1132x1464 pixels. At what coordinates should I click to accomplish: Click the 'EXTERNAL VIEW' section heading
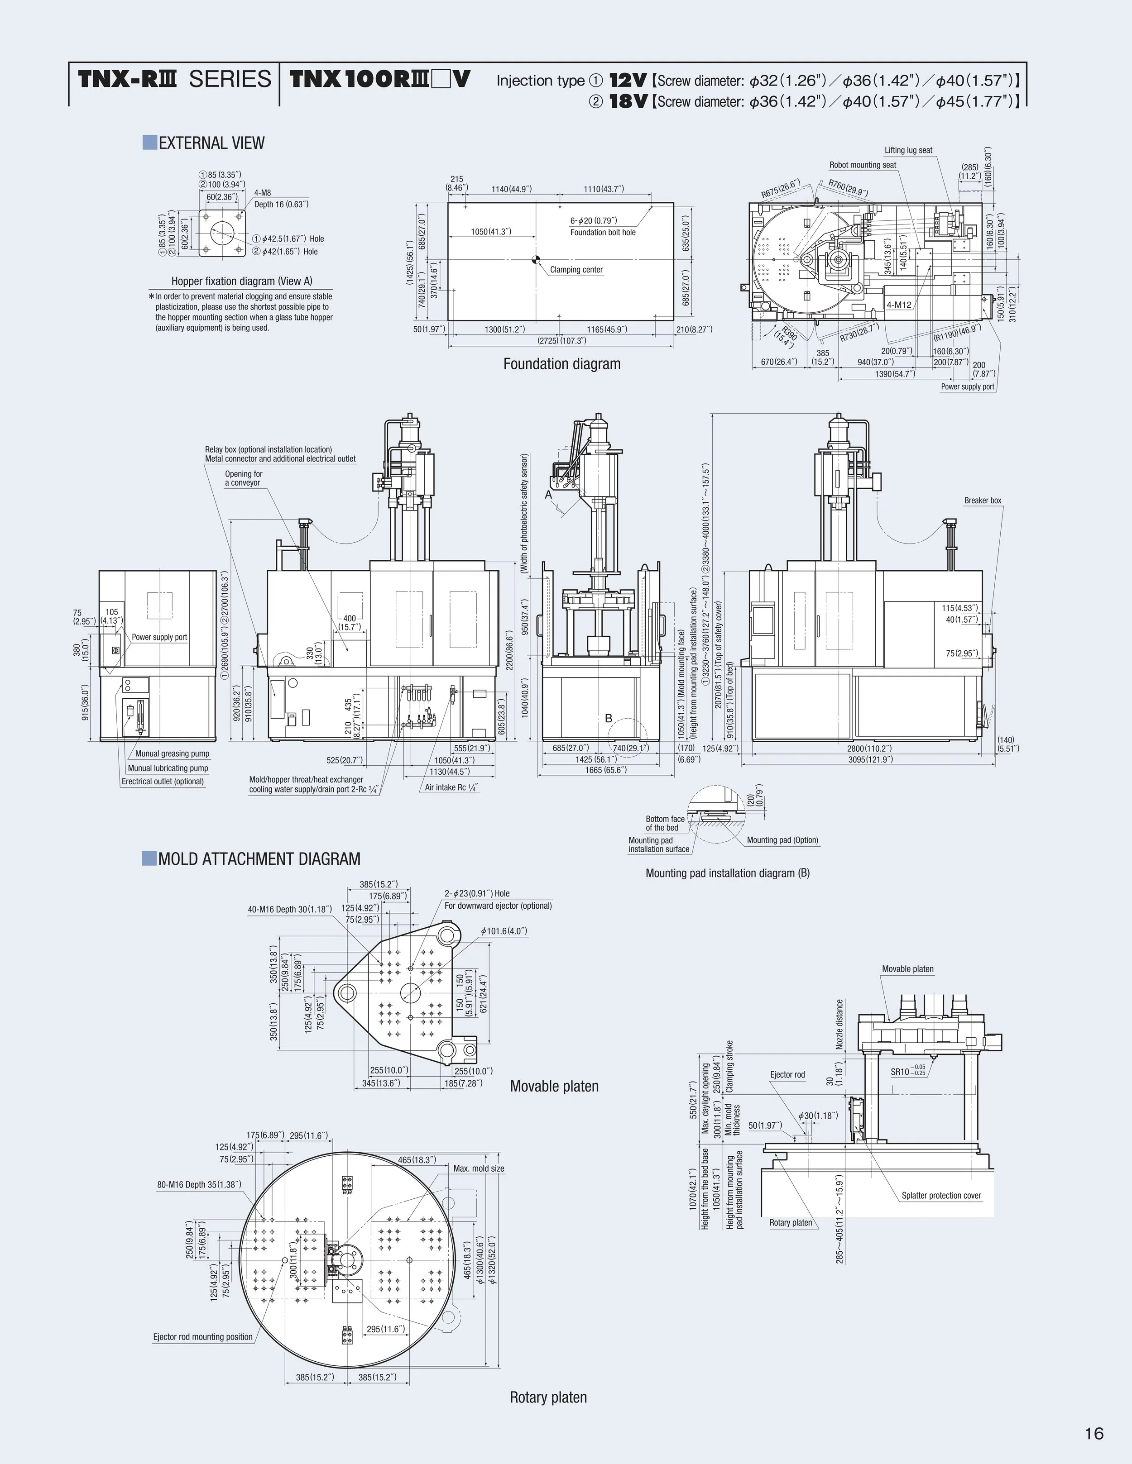coord(211,143)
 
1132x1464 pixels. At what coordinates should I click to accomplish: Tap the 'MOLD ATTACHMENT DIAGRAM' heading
coord(259,858)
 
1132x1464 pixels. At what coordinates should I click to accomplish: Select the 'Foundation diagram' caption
coord(562,364)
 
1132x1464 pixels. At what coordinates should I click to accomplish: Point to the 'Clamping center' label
coord(576,269)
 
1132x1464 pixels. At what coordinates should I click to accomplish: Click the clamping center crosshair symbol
coord(535,259)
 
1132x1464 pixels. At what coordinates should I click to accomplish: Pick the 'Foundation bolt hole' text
coord(603,233)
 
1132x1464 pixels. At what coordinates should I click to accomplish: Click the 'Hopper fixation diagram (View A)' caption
coord(241,281)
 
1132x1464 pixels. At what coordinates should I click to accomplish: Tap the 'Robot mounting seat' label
coord(863,165)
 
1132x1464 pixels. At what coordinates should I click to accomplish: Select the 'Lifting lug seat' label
coord(908,150)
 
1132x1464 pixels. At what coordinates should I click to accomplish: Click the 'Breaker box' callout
coord(983,500)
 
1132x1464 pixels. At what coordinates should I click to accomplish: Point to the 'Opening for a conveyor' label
coord(244,478)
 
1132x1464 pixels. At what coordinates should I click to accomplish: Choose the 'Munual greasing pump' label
coord(173,753)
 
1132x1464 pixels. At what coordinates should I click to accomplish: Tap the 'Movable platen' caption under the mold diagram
coord(554,1086)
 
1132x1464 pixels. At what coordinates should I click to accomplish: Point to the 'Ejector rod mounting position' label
coord(202,1337)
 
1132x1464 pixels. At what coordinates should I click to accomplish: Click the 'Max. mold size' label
coord(478,1168)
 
